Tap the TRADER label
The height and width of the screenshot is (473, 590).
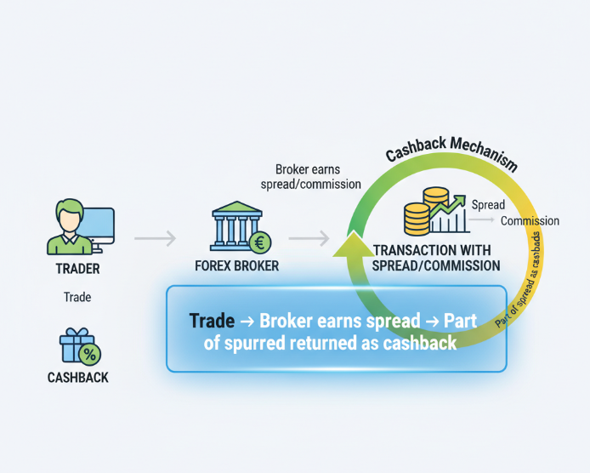pyautogui.click(x=77, y=269)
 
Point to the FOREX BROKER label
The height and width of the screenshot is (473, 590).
pyautogui.click(x=236, y=266)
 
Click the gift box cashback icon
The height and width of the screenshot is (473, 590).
pyautogui.click(x=77, y=346)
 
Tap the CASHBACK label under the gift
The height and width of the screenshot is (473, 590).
pyautogui.click(x=77, y=376)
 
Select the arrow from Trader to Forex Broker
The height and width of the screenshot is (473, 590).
pyautogui.click(x=155, y=239)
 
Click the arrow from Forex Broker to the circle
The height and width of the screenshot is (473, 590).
pyautogui.click(x=309, y=239)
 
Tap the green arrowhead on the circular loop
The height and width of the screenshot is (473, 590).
pyautogui.click(x=349, y=246)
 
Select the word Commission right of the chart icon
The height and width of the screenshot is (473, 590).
pyautogui.click(x=530, y=221)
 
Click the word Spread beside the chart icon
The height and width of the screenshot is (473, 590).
pyautogui.click(x=488, y=205)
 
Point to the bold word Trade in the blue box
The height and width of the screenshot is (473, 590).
pyautogui.click(x=213, y=322)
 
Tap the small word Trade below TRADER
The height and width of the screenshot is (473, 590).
pyautogui.click(x=77, y=298)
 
